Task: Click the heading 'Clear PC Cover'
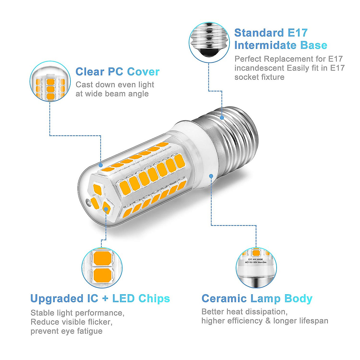click(x=117, y=72)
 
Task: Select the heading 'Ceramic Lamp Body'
click(x=257, y=299)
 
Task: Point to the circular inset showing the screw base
click(x=209, y=42)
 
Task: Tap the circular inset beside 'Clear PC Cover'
click(x=50, y=81)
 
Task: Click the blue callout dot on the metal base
click(x=222, y=118)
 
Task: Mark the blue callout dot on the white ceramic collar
click(x=211, y=176)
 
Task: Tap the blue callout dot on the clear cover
click(x=101, y=165)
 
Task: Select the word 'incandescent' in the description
click(x=259, y=68)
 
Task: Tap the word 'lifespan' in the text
click(x=314, y=321)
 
